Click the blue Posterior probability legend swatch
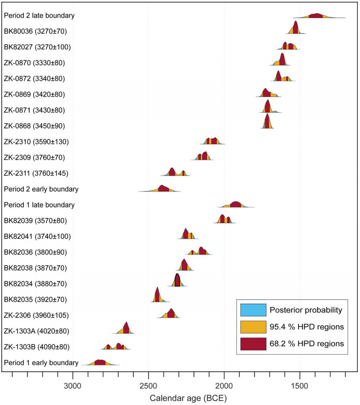coord(253,310)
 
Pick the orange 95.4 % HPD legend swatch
coord(253,327)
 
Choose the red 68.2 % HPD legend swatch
coord(253,344)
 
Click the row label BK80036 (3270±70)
coord(35,31)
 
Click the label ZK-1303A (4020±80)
coord(36,331)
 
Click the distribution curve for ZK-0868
coord(267,123)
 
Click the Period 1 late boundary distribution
coord(235,204)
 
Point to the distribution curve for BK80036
coord(296,28)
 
